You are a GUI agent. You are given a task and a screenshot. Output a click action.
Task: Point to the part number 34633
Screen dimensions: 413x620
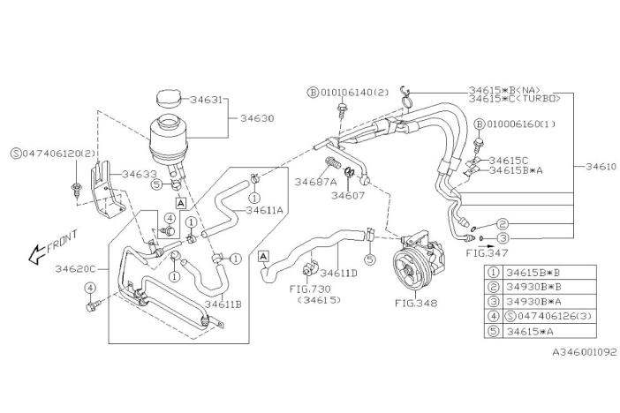140,174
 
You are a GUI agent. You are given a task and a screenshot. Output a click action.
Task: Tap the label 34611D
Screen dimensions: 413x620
338,273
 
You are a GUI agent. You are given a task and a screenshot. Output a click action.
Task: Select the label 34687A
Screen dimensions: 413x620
314,182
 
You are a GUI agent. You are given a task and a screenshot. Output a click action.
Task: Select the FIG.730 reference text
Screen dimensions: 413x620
308,289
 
